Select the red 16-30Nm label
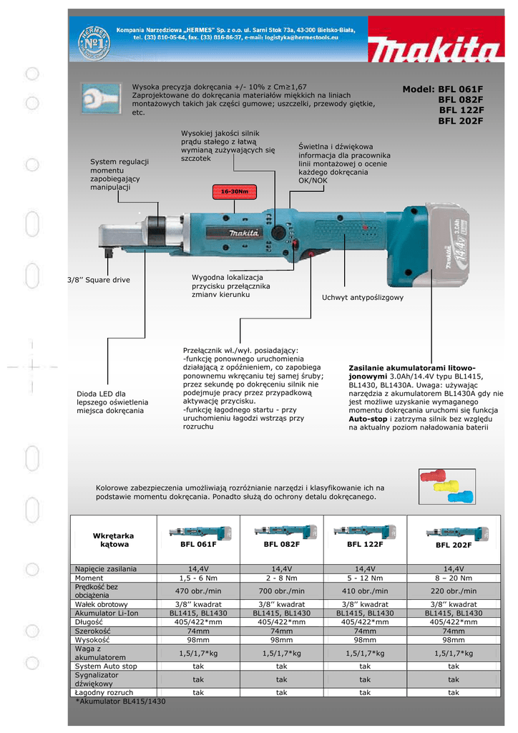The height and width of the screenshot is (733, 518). (x=234, y=192)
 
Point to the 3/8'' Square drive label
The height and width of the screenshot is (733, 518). (x=99, y=280)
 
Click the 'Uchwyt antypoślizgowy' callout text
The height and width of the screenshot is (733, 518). (x=363, y=297)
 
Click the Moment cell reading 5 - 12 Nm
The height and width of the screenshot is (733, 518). (x=365, y=578)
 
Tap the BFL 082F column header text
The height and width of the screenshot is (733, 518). (x=281, y=545)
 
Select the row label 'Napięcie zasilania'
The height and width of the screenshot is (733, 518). (x=106, y=568)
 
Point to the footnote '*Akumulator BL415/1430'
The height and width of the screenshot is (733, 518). (x=120, y=702)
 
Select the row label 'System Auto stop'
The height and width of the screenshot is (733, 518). (x=106, y=666)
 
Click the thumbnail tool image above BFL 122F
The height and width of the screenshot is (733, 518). (x=365, y=531)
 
